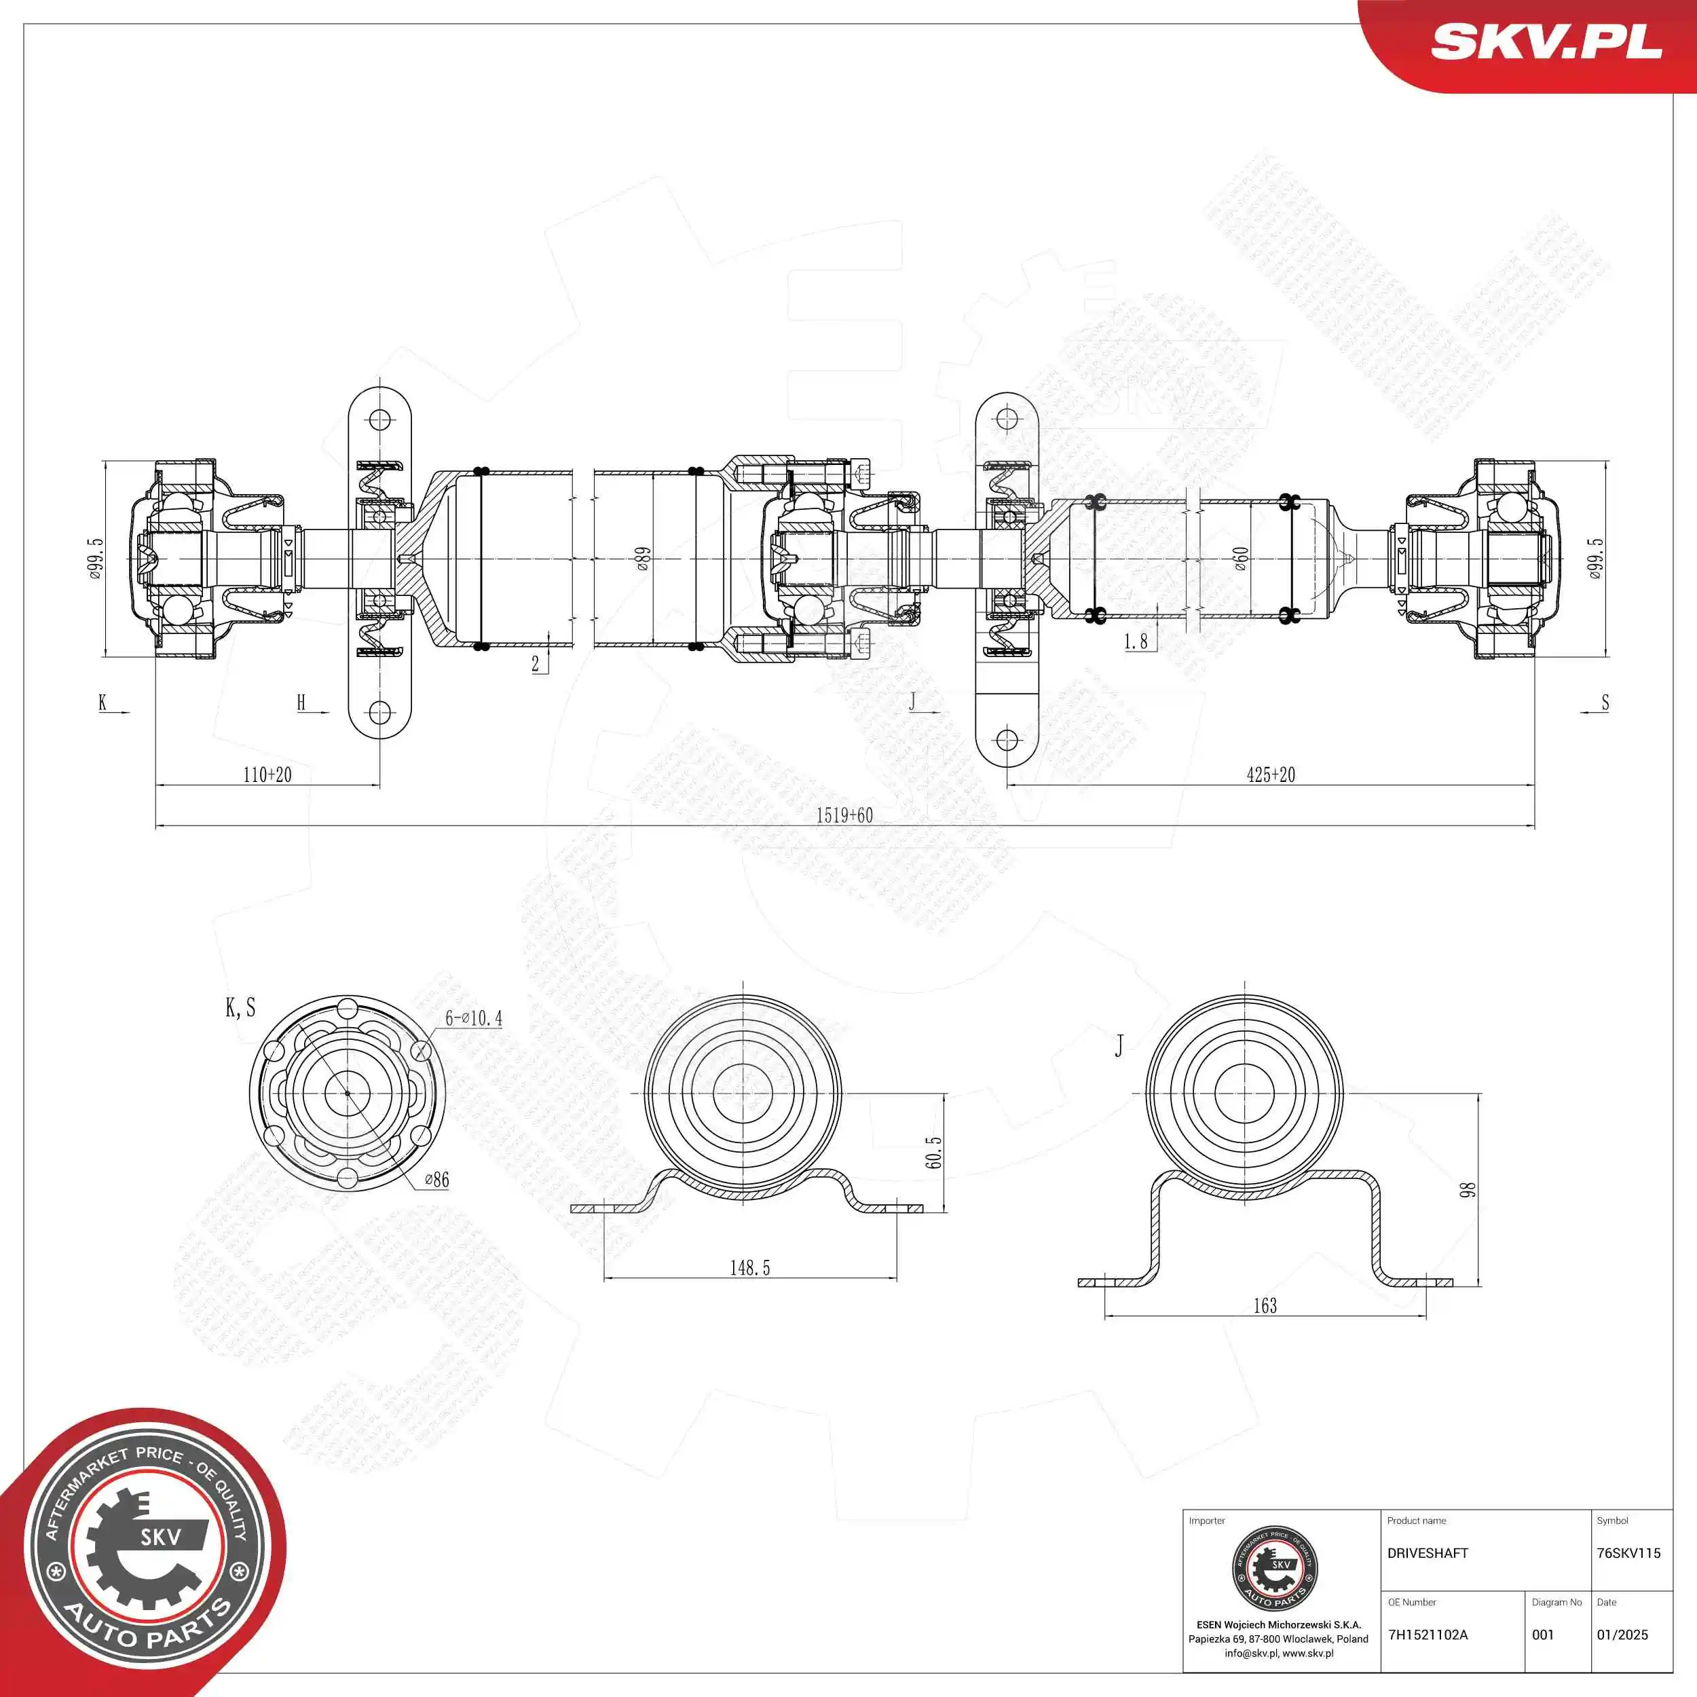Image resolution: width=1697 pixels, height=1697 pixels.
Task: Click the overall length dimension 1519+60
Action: tap(844, 815)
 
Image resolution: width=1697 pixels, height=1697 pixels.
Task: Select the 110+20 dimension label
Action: tap(267, 775)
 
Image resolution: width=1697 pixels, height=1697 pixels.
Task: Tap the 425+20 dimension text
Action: tap(1270, 775)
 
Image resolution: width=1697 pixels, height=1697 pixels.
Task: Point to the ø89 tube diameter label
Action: tap(643, 559)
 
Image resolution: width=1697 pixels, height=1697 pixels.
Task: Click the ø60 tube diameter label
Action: tap(1240, 559)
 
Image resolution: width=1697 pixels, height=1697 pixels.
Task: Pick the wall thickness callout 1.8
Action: tap(1136, 642)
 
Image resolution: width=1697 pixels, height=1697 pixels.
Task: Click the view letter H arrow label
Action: tap(301, 702)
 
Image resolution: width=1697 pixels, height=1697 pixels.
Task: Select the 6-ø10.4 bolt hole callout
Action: tap(473, 1018)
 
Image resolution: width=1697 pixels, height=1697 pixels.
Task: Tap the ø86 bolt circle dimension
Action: tap(436, 1180)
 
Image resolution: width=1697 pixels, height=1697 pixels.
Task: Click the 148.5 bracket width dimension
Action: tap(749, 1267)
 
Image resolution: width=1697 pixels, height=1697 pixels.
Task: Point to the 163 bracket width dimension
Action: tap(1265, 1306)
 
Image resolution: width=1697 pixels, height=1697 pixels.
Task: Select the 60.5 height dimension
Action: tap(934, 1153)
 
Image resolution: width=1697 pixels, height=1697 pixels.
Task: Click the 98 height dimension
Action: tap(1468, 1190)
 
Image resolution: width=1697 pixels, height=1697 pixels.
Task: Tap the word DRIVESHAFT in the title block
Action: tap(1428, 1553)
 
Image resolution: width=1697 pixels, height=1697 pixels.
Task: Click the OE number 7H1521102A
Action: tap(1428, 1635)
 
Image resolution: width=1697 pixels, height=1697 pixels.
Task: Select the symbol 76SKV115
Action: tap(1628, 1553)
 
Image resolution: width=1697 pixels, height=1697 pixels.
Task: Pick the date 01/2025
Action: tap(1622, 1635)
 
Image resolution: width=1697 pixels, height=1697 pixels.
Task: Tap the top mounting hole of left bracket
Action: tap(379, 419)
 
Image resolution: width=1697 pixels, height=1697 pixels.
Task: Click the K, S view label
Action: tap(240, 1007)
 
